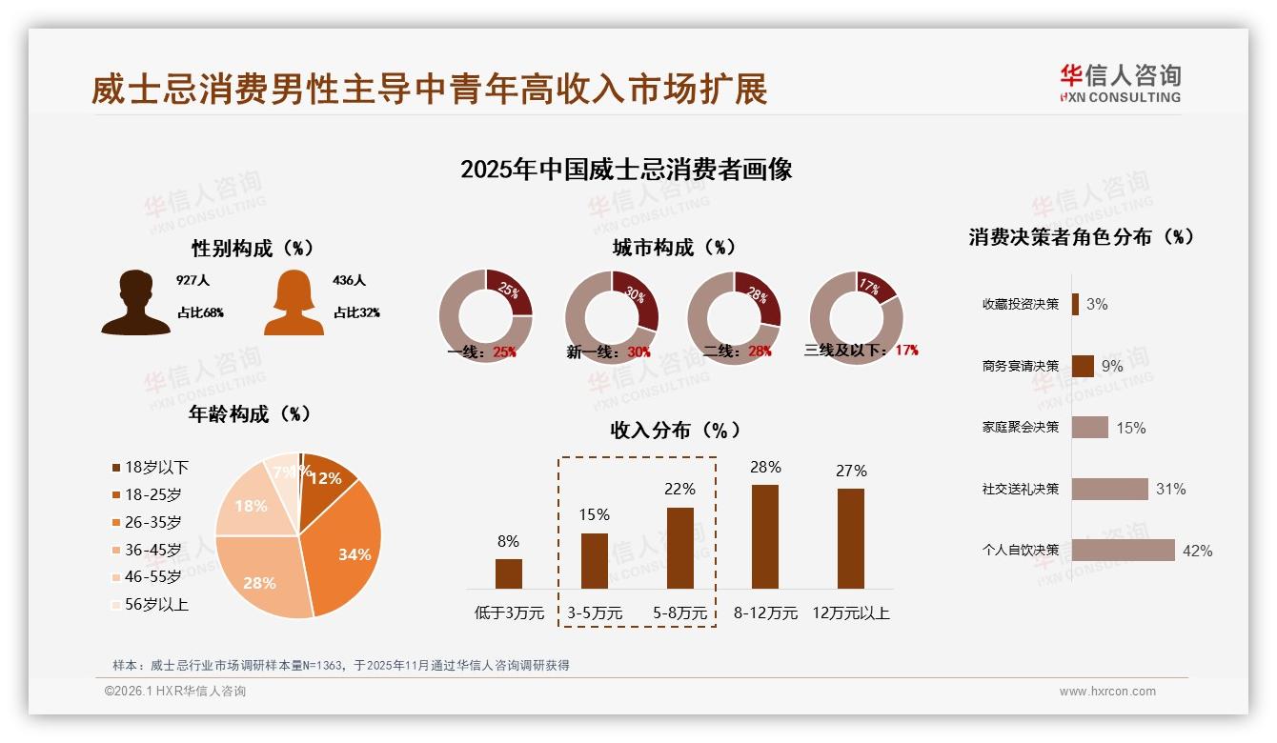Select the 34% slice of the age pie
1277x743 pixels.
(348, 552)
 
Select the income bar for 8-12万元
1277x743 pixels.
(765, 536)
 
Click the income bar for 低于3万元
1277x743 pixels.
(509, 573)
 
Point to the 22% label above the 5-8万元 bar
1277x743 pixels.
(679, 489)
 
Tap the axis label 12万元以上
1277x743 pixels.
(851, 612)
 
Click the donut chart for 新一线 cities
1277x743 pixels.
(612, 317)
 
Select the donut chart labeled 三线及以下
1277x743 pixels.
(856, 317)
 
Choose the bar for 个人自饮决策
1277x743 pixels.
(1124, 551)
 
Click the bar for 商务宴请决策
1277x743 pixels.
(1083, 366)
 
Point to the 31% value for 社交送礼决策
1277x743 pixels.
(1170, 489)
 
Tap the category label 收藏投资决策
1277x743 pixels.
(1021, 304)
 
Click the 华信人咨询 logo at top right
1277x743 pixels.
(1120, 83)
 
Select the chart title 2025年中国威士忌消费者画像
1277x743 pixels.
(626, 170)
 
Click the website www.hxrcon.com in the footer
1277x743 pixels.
(1107, 692)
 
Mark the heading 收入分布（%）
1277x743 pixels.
(675, 430)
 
